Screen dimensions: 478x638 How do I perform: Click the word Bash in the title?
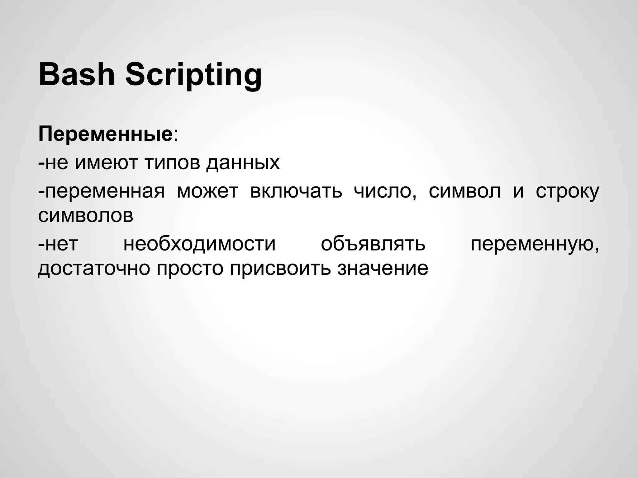(x=77, y=75)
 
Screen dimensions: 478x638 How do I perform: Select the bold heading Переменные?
(x=105, y=134)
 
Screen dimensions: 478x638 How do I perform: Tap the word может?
(x=207, y=191)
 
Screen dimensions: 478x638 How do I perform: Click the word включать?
(x=296, y=191)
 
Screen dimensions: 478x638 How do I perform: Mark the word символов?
(x=86, y=215)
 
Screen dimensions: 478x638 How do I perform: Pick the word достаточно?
(x=94, y=268)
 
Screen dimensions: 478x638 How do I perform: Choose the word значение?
(x=383, y=268)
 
